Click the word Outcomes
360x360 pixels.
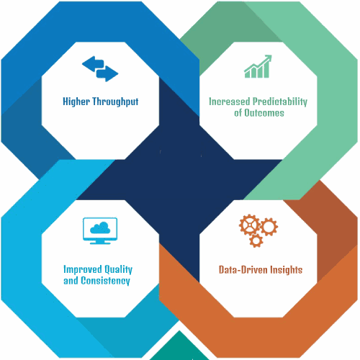[264, 113]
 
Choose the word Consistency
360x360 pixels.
[105, 281]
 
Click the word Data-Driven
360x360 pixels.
[243, 270]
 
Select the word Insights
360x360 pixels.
[287, 270]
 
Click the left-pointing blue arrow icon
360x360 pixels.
[93, 64]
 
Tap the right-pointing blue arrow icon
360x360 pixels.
[107, 73]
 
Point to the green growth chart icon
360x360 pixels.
[258, 66]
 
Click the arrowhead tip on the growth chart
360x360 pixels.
[271, 55]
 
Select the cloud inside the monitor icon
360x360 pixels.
[100, 228]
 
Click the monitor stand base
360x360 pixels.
[100, 243]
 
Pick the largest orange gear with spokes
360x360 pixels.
[250, 225]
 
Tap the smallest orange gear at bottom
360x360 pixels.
[256, 240]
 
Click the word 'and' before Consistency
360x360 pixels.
[71, 281]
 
